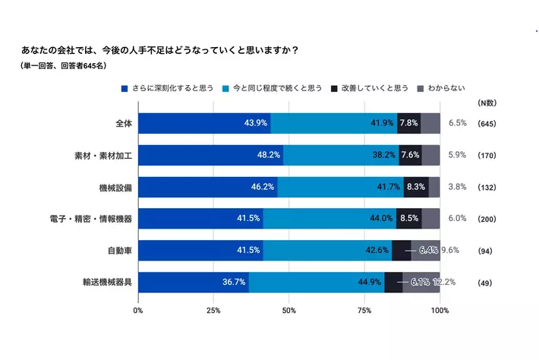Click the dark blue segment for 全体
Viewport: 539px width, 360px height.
click(204, 122)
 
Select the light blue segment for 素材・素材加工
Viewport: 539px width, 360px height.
click(341, 154)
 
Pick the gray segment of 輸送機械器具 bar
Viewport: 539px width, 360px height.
click(421, 282)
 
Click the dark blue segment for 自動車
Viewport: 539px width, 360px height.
click(200, 250)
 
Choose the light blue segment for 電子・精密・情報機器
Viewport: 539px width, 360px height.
click(329, 218)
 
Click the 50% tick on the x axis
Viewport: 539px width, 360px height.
click(289, 310)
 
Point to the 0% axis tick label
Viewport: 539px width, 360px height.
click(138, 310)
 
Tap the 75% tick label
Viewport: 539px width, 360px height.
click(364, 310)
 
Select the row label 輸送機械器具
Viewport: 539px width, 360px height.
click(108, 283)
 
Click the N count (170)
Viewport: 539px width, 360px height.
click(487, 155)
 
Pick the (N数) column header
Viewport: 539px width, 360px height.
click(487, 103)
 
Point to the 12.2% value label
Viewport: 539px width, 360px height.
click(444, 282)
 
